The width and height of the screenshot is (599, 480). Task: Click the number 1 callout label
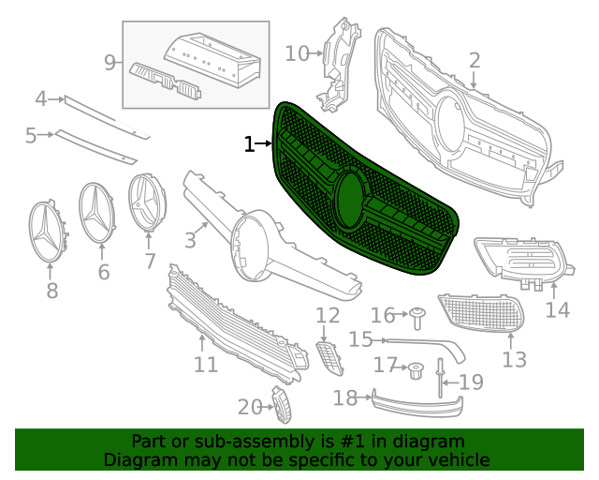click(249, 144)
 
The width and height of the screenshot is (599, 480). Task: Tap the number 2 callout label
click(475, 61)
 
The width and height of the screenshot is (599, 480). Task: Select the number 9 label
click(110, 63)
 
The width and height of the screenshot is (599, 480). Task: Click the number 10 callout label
click(297, 53)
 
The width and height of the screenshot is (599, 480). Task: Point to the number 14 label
click(558, 309)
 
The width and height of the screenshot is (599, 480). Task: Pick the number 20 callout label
click(248, 407)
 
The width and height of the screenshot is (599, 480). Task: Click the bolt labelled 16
click(417, 314)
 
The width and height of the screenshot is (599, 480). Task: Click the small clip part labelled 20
click(282, 404)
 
